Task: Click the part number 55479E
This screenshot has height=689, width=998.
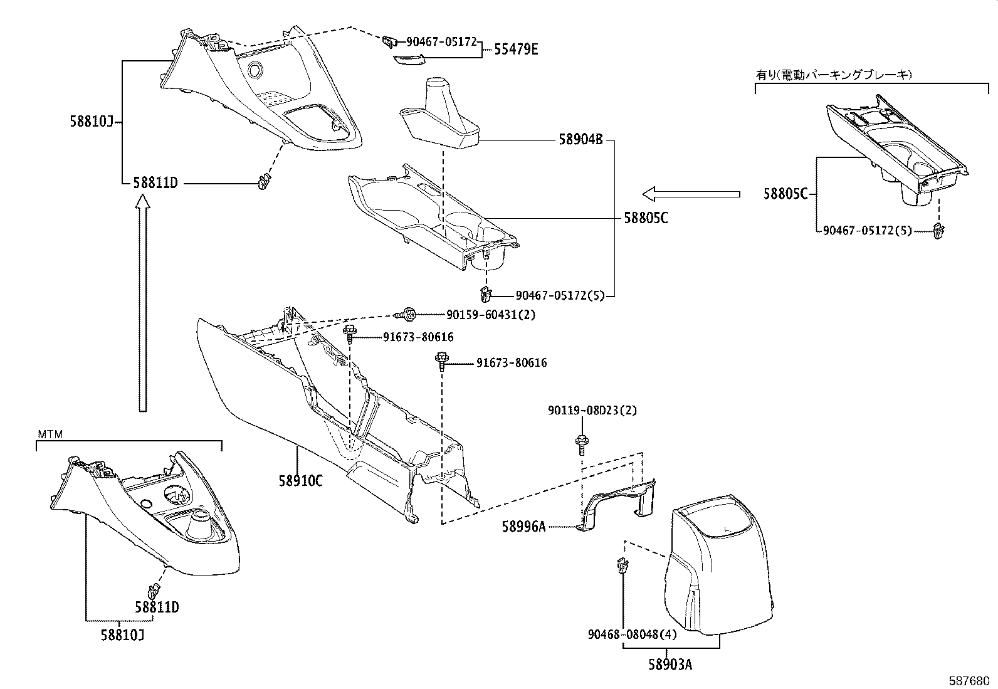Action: [515, 50]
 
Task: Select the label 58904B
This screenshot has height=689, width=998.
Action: [580, 140]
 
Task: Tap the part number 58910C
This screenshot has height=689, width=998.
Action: [301, 481]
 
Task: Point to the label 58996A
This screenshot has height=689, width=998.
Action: [523, 527]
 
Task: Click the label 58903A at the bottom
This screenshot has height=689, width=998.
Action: [670, 665]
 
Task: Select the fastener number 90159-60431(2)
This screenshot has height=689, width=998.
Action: [491, 315]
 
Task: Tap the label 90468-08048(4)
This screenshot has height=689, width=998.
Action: [632, 634]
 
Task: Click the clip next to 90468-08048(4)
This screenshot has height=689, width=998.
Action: [621, 567]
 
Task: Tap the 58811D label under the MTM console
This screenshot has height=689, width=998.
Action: [157, 607]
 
